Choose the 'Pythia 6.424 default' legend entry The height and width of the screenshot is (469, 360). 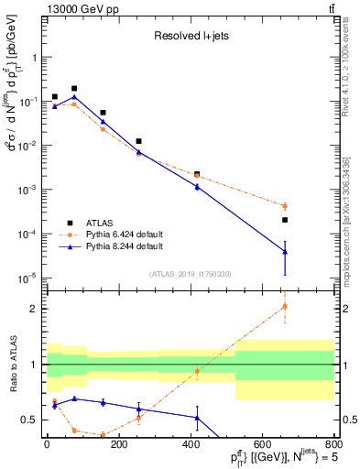126,234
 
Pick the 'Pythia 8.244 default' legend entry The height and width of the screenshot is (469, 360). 126,246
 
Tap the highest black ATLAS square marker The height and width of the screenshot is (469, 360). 74,89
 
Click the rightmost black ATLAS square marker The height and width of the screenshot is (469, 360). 285,220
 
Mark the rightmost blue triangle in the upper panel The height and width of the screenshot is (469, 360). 285,252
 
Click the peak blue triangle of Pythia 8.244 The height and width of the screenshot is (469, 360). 74,97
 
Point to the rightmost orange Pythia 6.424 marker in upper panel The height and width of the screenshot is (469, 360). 285,206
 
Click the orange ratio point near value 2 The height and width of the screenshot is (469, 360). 285,306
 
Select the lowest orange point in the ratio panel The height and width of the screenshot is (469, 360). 103,435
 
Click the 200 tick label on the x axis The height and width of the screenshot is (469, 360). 118,445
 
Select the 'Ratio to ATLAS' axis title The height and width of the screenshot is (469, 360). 12,367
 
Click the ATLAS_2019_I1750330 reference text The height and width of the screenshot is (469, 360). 191,274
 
